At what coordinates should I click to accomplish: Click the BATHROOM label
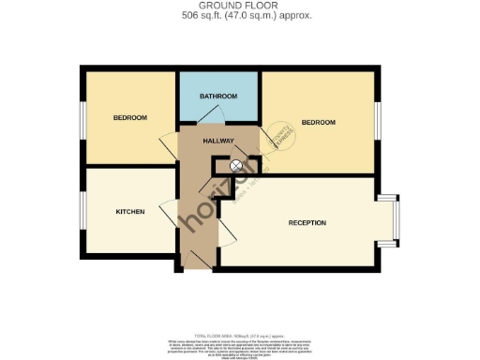coord(218,97)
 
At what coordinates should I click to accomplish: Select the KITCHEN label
coord(130,212)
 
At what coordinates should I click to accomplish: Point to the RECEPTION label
coord(307,223)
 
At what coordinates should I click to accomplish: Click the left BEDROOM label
coord(130,118)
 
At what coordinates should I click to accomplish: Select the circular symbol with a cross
coord(236,166)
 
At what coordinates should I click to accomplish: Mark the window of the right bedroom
coord(379,120)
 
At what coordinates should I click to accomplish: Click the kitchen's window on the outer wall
coord(82,212)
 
